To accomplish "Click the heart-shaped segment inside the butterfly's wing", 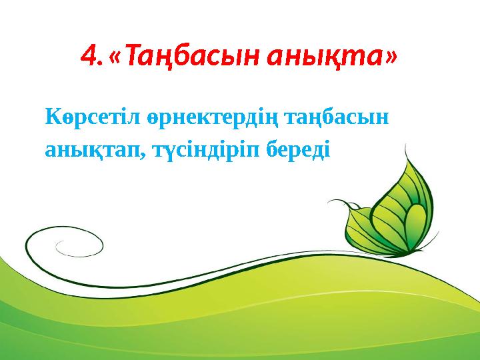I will coord(414,230).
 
